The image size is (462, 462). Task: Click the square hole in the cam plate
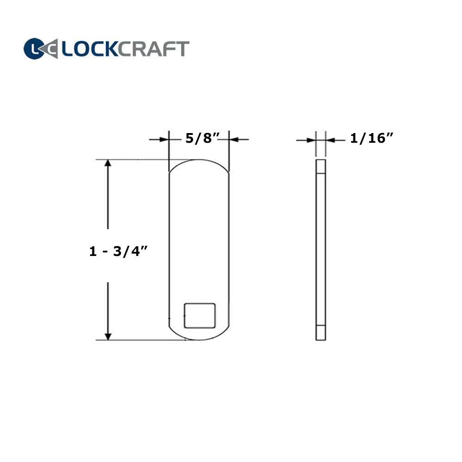pyautogui.click(x=200, y=316)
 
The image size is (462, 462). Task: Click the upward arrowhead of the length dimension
pyautogui.click(x=108, y=165)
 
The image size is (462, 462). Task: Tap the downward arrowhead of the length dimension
pyautogui.click(x=108, y=335)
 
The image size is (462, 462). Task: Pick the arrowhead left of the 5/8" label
pyautogui.click(x=164, y=139)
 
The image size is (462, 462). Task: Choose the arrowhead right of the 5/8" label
pyautogui.click(x=234, y=139)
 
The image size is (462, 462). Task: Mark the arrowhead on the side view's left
pyautogui.click(x=310, y=139)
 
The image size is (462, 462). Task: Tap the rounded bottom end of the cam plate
pyautogui.click(x=199, y=335)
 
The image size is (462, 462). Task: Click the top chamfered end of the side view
pyautogui.click(x=321, y=165)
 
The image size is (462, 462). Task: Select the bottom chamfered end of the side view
pyautogui.click(x=321, y=334)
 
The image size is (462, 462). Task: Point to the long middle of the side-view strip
pyautogui.click(x=321, y=249)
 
